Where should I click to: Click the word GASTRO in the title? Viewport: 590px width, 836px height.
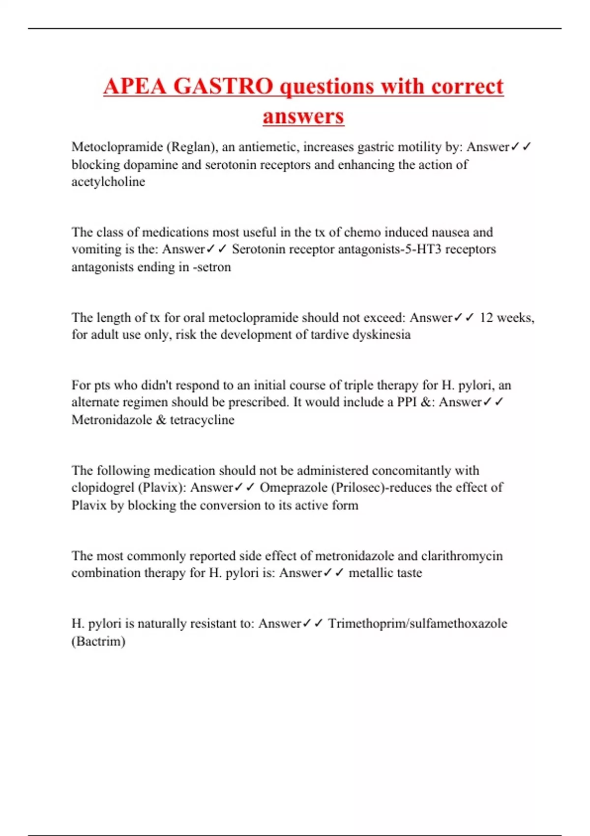click(x=223, y=86)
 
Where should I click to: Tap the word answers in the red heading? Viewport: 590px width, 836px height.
click(x=303, y=116)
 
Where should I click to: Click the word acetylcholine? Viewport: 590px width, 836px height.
click(x=108, y=181)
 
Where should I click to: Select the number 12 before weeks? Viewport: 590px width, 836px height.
click(x=486, y=318)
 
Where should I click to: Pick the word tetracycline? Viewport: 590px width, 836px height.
click(x=202, y=420)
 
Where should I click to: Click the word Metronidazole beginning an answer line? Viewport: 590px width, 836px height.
click(x=112, y=420)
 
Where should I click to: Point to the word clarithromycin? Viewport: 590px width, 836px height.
click(x=462, y=556)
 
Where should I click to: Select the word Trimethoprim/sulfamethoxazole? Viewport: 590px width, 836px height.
click(x=417, y=624)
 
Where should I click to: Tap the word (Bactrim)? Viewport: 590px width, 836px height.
click(x=98, y=641)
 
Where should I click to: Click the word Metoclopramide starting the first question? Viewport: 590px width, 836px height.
click(x=117, y=147)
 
